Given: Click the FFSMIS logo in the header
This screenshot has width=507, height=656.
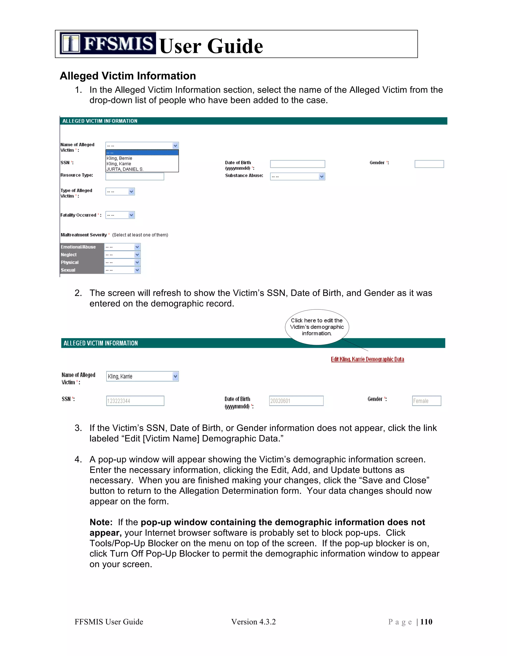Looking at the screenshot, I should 107,43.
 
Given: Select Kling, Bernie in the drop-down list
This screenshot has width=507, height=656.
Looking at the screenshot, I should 119,158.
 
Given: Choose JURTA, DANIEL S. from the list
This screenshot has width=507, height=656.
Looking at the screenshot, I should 125,169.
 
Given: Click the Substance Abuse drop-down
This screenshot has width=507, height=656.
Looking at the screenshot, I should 297,177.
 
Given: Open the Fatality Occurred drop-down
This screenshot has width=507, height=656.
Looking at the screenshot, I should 120,215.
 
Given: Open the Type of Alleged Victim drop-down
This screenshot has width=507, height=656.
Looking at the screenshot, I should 120,192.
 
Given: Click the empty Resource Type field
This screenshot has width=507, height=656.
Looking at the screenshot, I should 135,176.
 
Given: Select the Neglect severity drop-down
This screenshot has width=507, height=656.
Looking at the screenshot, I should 122,255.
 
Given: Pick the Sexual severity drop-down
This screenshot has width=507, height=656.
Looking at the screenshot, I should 122,270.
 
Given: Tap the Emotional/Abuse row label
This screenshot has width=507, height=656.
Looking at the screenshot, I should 78,247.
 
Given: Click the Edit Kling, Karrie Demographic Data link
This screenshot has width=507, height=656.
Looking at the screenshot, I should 367,359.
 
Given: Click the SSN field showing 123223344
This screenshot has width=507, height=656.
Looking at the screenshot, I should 135,401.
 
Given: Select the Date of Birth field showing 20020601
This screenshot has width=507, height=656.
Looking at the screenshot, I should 296,401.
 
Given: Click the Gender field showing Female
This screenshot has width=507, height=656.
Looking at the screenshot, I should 427,401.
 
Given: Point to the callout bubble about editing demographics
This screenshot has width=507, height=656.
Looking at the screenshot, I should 317,327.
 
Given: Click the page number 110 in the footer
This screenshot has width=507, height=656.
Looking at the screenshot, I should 426,622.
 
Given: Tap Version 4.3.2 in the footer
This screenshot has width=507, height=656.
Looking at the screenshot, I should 253,622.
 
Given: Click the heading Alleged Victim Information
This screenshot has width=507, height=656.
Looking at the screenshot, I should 128,76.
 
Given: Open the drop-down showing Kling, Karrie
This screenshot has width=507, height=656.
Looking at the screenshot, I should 142,376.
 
